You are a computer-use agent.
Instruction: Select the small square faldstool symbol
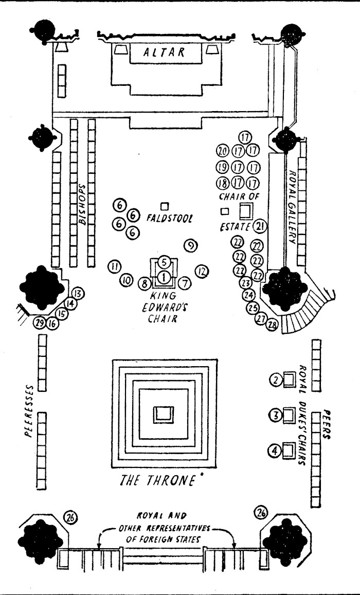(x=165, y=206)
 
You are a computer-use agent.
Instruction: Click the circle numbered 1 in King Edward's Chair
(x=164, y=277)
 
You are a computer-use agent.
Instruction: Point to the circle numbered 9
(x=190, y=245)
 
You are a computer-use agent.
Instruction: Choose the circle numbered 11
(x=114, y=266)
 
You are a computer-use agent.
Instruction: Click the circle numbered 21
(x=260, y=226)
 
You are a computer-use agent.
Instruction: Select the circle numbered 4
(x=275, y=451)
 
